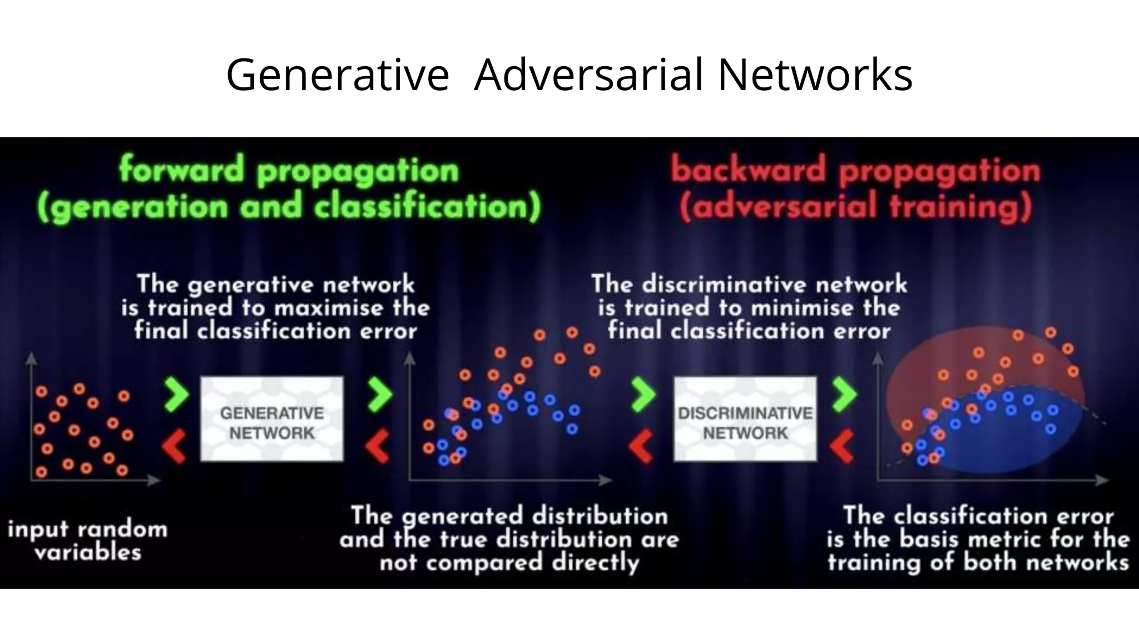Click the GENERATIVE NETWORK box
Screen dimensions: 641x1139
coord(271,419)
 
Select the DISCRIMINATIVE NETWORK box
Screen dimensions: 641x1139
coord(745,419)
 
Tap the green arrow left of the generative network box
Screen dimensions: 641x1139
coord(176,395)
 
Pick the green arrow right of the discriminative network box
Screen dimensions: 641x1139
coord(845,395)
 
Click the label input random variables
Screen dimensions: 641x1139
coord(87,540)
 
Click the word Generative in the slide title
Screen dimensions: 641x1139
coord(337,75)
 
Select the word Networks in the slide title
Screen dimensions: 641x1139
coord(815,75)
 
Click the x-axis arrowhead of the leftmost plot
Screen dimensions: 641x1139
coord(156,480)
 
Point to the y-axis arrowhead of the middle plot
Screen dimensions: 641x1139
coord(410,358)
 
